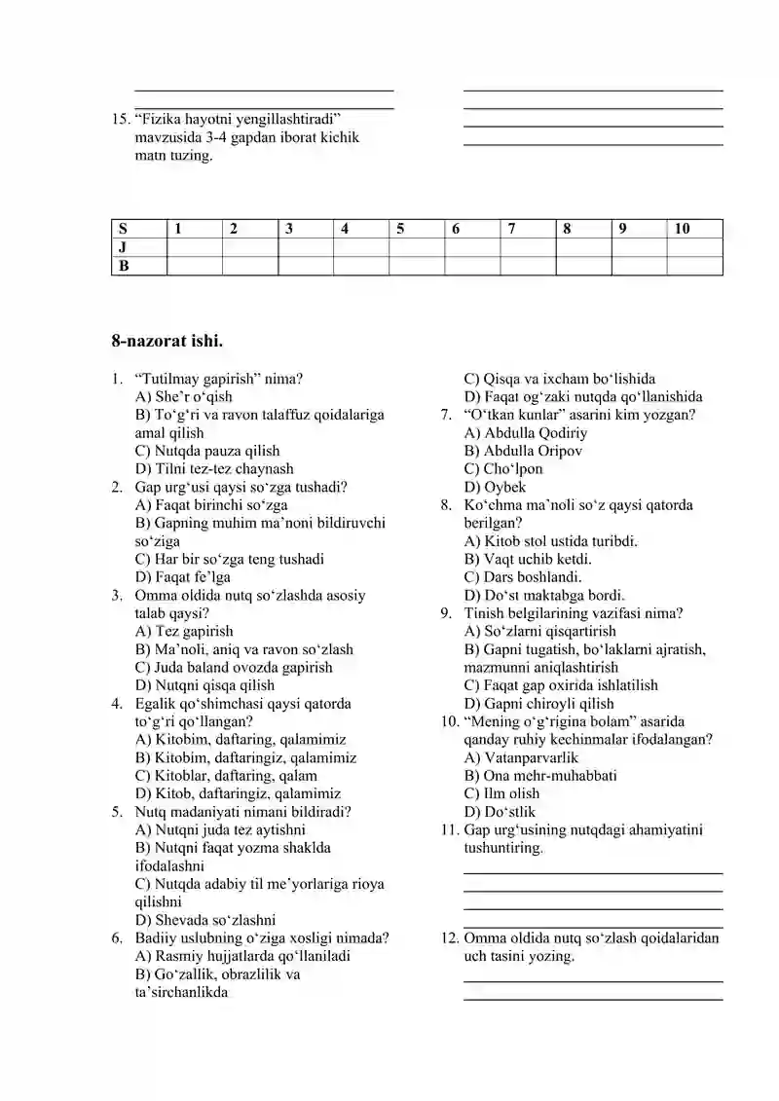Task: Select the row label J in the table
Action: click(x=124, y=247)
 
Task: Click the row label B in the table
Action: click(x=124, y=265)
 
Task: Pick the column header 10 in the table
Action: click(x=682, y=229)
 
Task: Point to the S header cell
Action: click(x=124, y=229)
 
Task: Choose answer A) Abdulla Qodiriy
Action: click(x=526, y=433)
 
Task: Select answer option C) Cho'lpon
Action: click(x=503, y=469)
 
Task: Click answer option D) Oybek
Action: click(x=495, y=487)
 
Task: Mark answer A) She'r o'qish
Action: click(x=184, y=396)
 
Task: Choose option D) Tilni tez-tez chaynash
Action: click(x=214, y=469)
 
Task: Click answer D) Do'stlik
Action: click(x=500, y=812)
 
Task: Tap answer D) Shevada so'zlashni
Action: click(x=205, y=920)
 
